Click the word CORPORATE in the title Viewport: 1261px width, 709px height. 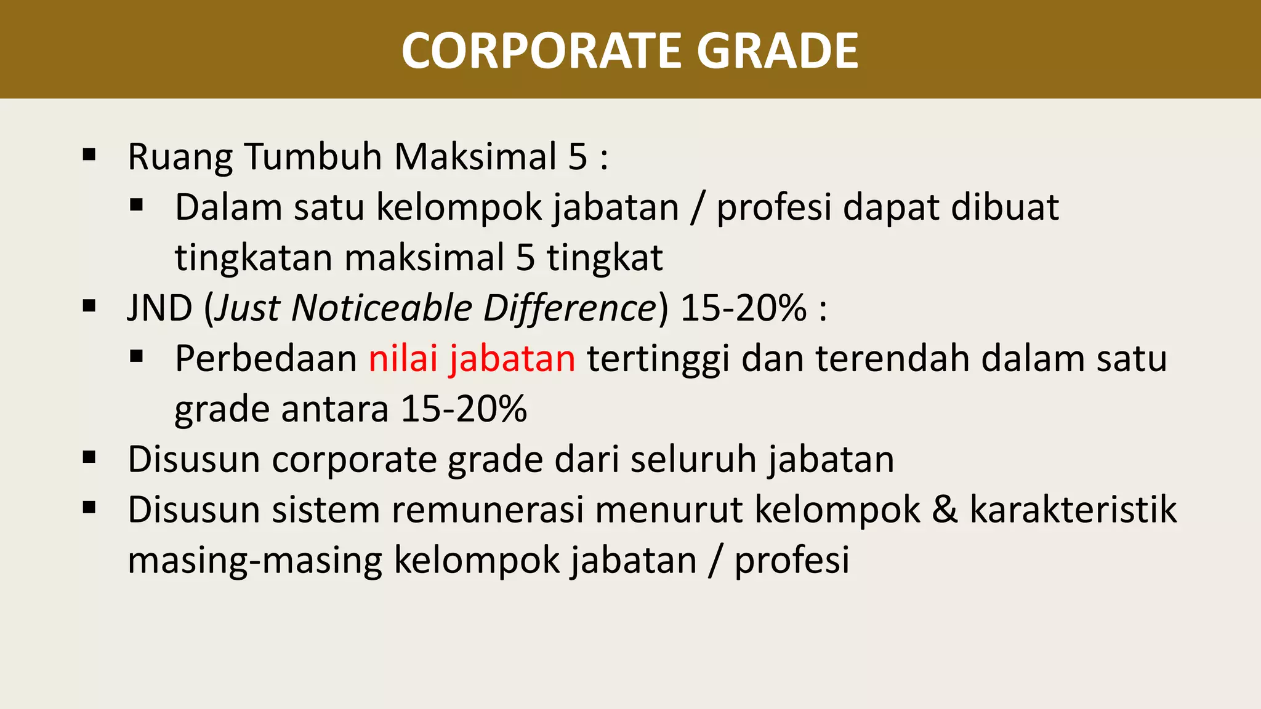pos(542,50)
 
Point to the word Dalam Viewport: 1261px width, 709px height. pos(228,207)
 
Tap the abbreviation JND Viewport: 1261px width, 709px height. pos(160,308)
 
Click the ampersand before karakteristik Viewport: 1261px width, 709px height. pos(945,510)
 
